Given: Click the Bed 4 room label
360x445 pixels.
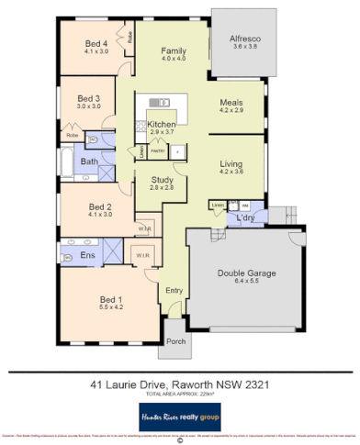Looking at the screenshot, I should click(93, 43).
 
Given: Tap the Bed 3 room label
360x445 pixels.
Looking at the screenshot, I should click(88, 98).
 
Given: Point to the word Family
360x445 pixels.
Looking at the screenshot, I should click(174, 50).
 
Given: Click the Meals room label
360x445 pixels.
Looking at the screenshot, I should click(231, 103).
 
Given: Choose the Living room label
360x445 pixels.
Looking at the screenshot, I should click(231, 161).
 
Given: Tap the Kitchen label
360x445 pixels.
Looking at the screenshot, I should click(162, 124).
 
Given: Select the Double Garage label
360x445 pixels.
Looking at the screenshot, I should click(247, 273).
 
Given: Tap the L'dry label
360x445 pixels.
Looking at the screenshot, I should click(245, 217).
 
